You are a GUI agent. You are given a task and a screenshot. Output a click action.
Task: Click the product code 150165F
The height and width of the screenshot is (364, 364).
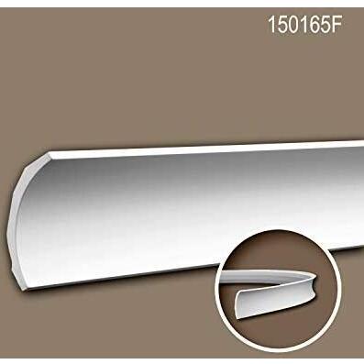tap(304, 24)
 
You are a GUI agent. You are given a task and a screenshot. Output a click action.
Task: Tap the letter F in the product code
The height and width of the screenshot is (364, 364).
tap(336, 24)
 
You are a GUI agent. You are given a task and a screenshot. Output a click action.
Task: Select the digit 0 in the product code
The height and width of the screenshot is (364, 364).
tap(292, 24)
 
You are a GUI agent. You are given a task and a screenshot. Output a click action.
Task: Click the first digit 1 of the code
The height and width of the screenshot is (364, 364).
tap(271, 24)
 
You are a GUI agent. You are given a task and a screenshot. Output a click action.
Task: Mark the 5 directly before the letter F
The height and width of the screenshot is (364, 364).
tap(324, 24)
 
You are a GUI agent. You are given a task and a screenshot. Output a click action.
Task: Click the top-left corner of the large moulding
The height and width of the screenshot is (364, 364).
tap(49, 152)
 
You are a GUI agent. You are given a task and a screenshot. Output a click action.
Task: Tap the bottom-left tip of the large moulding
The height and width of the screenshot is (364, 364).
tap(25, 290)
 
